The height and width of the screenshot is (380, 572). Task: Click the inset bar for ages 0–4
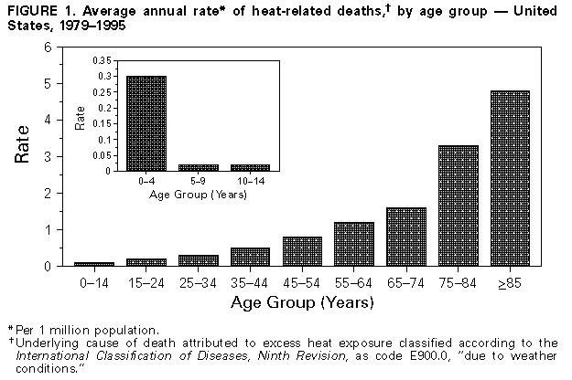click(146, 123)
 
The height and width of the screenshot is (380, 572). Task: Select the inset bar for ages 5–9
click(198, 167)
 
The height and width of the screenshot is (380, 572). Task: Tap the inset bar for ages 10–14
click(249, 167)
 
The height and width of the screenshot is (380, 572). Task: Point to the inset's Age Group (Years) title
click(198, 195)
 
